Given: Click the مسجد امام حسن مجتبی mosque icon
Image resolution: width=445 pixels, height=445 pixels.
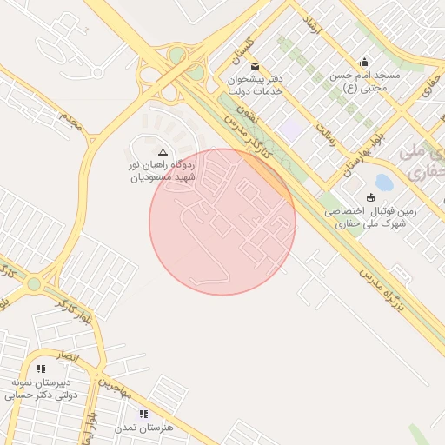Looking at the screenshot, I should (364, 62).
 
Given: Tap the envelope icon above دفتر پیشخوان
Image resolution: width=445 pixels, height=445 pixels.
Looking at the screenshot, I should (255, 66).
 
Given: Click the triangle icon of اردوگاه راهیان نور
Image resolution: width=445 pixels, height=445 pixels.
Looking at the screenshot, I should (163, 151).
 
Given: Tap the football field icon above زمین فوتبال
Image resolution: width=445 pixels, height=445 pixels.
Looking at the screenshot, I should (371, 197).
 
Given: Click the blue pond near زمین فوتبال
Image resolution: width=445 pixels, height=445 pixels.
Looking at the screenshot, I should (383, 183).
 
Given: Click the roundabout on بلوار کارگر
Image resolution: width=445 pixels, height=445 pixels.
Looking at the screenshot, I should (34, 284).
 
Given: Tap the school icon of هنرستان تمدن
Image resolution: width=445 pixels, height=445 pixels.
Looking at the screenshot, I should (144, 415).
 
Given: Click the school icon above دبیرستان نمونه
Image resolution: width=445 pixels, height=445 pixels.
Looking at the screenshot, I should (41, 369).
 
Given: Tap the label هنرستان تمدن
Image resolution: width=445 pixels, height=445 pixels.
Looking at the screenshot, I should (144, 428).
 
